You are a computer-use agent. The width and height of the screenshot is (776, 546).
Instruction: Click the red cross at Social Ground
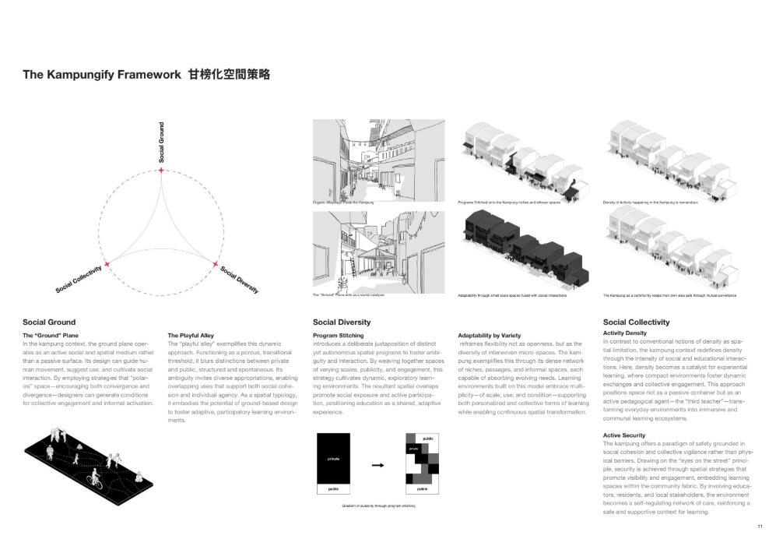(x=161, y=170)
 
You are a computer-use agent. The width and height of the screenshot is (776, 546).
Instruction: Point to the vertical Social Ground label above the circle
(x=161, y=142)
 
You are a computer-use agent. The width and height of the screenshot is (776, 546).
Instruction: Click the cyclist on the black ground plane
(x=96, y=477)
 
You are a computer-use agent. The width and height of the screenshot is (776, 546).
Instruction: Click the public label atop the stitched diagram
(x=427, y=439)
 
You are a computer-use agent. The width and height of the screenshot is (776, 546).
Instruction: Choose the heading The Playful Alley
(x=191, y=336)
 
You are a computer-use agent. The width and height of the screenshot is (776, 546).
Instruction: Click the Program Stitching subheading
(x=338, y=336)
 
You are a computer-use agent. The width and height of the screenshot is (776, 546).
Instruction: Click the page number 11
(x=759, y=527)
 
